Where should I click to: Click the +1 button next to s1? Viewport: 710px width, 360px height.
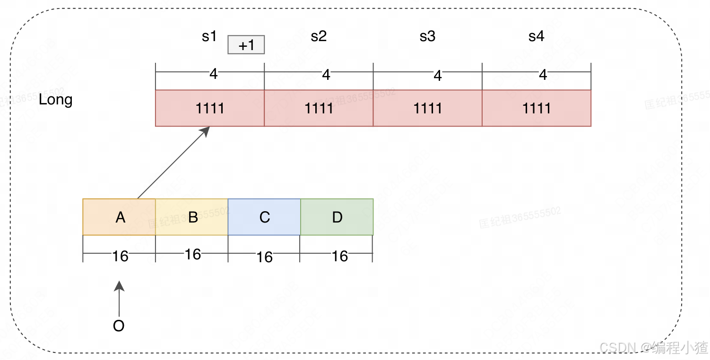click(246, 45)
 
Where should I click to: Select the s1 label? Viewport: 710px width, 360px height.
click(209, 36)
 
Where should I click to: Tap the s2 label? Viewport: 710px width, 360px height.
click(319, 36)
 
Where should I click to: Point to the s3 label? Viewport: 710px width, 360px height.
click(427, 36)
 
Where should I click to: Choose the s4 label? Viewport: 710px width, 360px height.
click(536, 36)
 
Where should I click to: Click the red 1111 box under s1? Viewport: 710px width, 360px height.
click(210, 108)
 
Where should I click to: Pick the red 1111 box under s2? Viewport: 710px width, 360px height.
click(319, 108)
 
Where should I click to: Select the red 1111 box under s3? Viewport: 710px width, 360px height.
click(428, 108)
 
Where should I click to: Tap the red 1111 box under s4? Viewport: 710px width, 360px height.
click(537, 108)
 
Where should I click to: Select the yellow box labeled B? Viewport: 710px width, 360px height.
click(192, 217)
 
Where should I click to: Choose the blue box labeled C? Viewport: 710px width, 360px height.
click(264, 217)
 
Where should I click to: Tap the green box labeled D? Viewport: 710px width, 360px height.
click(337, 217)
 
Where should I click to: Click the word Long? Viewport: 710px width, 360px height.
click(55, 100)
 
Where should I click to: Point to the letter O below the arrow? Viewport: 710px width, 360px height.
click(119, 326)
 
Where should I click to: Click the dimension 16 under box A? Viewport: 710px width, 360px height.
click(120, 256)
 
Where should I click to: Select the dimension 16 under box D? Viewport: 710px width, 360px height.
click(339, 256)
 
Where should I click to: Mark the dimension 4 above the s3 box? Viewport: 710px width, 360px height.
click(438, 76)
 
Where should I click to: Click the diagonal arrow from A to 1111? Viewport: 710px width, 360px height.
click(173, 163)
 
